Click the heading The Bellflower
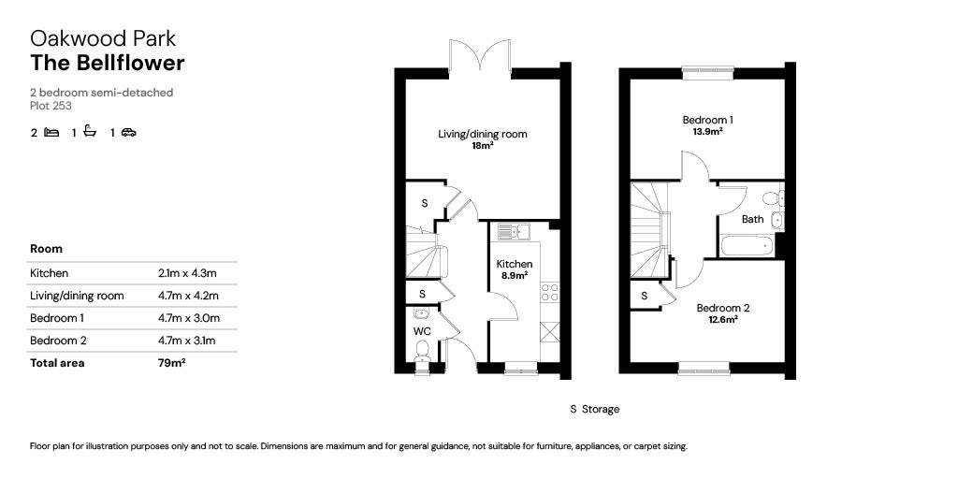click(108, 63)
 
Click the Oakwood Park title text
click(103, 38)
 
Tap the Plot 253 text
click(51, 106)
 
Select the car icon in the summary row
click(129, 132)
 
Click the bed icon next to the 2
click(52, 132)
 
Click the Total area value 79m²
click(172, 363)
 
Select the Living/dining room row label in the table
click(77, 296)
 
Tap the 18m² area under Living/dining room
click(483, 145)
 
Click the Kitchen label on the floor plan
click(515, 264)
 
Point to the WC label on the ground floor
click(422, 332)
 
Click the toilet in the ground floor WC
click(422, 353)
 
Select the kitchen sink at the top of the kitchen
click(515, 231)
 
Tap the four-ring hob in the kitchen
click(549, 292)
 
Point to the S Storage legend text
click(594, 410)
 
